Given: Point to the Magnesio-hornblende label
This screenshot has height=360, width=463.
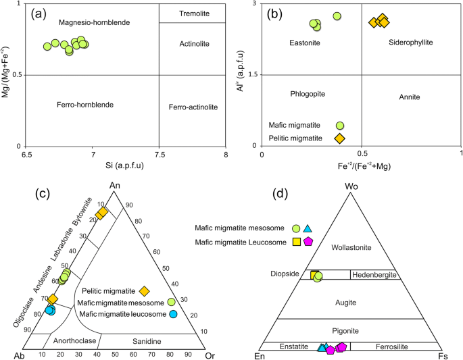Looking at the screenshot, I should tap(94, 22).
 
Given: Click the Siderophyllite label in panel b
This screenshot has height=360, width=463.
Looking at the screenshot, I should tap(411, 43).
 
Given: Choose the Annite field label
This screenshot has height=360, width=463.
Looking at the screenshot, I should tap(410, 97).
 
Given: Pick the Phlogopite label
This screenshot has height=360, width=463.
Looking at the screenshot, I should tap(310, 93).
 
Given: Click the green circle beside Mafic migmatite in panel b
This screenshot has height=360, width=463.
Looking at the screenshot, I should tap(340, 126).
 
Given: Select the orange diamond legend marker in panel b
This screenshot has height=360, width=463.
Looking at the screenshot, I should tap(340, 138).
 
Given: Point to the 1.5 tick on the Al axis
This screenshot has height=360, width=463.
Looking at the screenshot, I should tap(253, 75).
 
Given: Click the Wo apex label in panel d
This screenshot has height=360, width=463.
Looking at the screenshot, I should tap(350, 186).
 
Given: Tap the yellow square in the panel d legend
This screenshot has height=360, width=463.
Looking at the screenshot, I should tap(296, 241).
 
